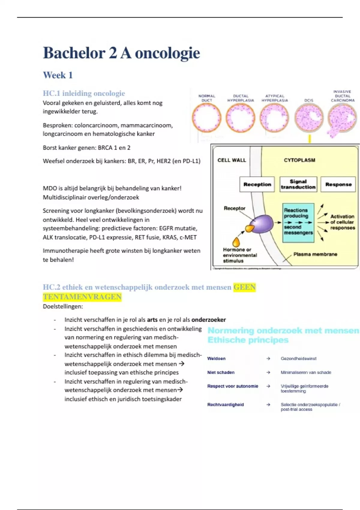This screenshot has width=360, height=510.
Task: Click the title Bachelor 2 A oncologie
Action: point(121,53)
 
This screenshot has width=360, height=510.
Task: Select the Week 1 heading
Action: point(58,75)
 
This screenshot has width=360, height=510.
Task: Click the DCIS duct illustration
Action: point(309,119)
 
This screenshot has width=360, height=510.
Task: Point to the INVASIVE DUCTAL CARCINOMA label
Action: point(342,96)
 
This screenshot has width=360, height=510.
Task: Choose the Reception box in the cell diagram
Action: point(257,184)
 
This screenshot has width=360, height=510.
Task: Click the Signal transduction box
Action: point(298,184)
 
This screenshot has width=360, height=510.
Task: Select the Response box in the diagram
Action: point(338,184)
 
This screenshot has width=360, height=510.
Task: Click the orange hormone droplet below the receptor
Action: point(236,241)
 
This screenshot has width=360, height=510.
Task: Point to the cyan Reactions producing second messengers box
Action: point(298,223)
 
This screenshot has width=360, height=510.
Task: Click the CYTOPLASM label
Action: point(299,160)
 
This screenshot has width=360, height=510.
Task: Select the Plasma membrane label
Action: point(315,254)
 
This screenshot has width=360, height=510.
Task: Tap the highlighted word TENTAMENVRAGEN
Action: point(82,297)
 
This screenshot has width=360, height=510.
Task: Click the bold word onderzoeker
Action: point(208,320)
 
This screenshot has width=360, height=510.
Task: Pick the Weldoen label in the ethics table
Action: point(216,358)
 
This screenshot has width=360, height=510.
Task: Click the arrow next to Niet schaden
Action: point(268,372)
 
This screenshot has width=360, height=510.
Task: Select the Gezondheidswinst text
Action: point(298,358)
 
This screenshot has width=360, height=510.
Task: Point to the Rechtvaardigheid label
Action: point(225,404)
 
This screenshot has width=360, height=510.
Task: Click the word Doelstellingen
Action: point(63,307)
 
